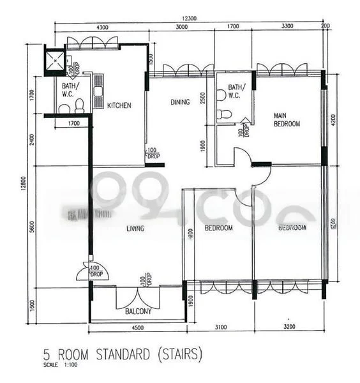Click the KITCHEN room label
[119, 105]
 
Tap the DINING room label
[180, 101]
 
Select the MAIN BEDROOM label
[287, 120]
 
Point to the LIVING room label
[135, 228]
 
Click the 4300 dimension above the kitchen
[102, 28]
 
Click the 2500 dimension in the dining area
[202, 99]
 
